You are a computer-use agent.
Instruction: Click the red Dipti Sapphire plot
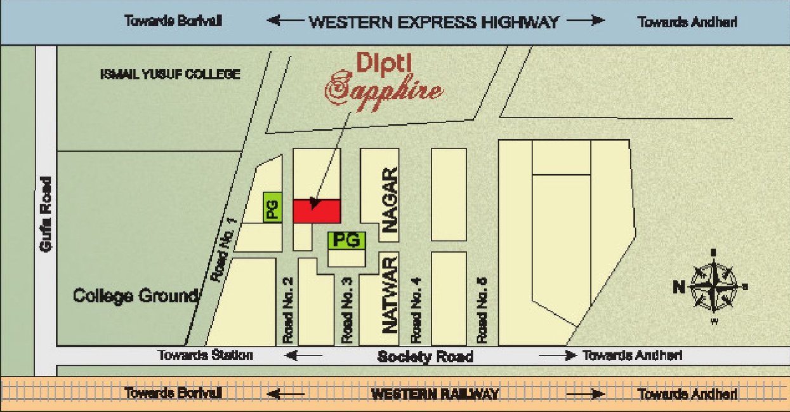tap(317, 211)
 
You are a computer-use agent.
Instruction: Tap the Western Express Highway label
tap(433, 22)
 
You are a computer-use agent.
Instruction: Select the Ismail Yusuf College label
tap(170, 74)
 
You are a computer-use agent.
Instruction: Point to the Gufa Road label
tap(45, 214)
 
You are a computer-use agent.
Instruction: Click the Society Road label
tap(425, 356)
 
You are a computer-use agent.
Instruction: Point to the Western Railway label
tap(435, 394)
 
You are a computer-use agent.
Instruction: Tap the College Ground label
tap(136, 296)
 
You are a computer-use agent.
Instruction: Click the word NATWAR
tap(390, 295)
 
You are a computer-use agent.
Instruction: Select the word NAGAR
tap(390, 201)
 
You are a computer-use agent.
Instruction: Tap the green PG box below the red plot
tap(346, 240)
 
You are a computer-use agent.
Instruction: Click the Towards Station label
tap(205, 356)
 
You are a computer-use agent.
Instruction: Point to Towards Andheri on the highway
tap(687, 22)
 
